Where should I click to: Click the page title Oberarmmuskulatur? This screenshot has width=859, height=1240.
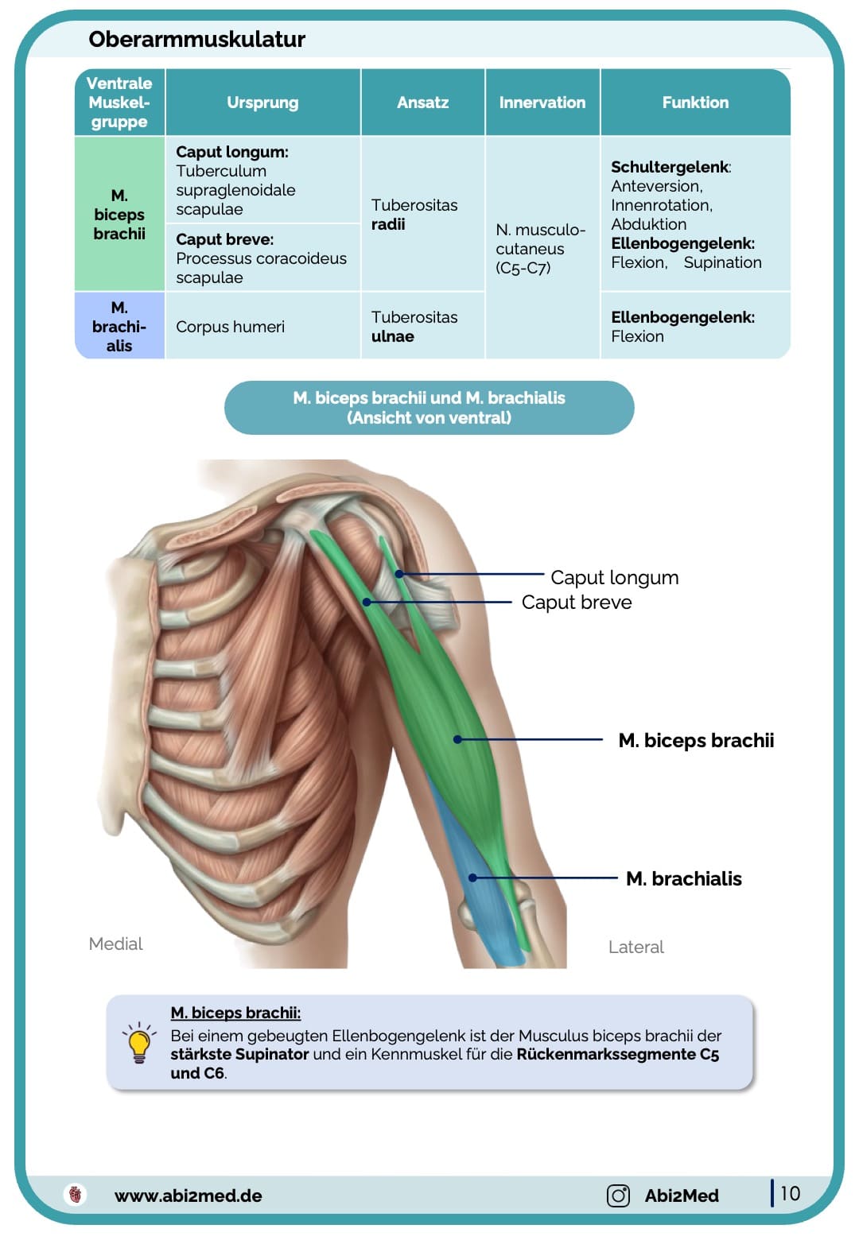196,39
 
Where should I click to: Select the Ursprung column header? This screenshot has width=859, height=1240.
262,103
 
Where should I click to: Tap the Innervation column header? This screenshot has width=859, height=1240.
542,103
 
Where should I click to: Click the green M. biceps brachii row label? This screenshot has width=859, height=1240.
119,215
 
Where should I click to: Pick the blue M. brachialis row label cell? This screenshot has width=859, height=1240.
119,327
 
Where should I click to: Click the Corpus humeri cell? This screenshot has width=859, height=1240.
230,327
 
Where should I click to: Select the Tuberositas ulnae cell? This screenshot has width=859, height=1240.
414,327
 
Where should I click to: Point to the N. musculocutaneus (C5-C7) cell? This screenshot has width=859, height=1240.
540,249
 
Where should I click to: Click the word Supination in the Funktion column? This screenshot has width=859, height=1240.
722,262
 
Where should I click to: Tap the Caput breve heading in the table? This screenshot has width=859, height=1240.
224,239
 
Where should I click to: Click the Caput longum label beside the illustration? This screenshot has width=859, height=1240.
614,577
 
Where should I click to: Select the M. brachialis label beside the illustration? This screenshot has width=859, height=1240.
683,878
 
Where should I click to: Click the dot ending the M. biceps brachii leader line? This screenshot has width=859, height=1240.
457,739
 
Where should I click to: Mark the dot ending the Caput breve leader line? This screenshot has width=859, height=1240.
367,603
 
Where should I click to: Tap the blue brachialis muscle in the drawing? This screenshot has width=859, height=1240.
485,914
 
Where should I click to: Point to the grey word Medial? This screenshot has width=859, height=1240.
115,944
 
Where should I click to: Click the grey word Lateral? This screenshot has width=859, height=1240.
636,947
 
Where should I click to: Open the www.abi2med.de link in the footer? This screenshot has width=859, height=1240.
188,1195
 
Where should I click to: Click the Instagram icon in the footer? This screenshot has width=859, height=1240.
618,1195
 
